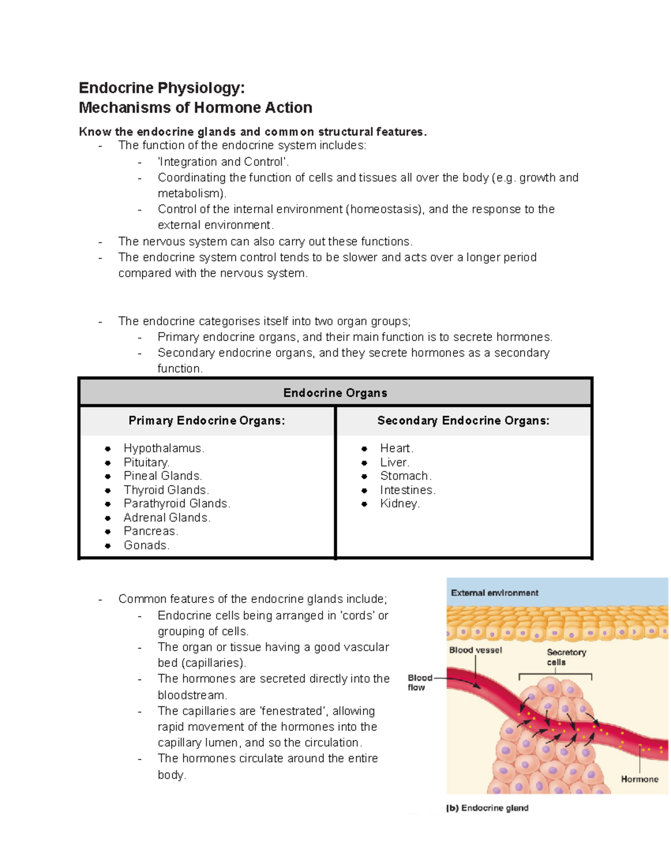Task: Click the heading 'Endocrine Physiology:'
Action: (162, 88)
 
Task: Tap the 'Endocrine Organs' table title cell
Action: (335, 393)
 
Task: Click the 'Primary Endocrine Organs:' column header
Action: (206, 420)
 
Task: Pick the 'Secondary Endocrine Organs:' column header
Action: (463, 420)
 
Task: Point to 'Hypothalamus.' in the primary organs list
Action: (164, 448)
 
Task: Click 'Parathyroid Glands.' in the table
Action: (177, 504)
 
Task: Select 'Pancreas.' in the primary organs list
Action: (150, 531)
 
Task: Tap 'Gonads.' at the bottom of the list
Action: (147, 545)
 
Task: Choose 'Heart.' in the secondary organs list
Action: (396, 448)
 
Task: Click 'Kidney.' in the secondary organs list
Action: (400, 504)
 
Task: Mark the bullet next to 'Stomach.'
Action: (365, 476)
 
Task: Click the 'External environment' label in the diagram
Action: (494, 593)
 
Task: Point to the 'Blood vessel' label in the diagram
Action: (475, 650)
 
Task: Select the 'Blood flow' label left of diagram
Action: (419, 682)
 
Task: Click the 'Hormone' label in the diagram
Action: (639, 779)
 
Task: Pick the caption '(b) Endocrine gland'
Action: (487, 808)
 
